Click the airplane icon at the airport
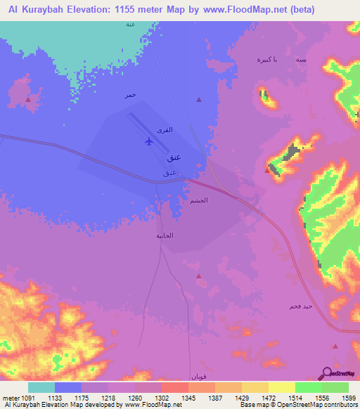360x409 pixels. coord(148,141)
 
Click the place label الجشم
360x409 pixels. coord(198,200)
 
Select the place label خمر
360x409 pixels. coord(129,95)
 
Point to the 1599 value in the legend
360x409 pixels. coord(349,398)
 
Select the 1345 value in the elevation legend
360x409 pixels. coord(188,398)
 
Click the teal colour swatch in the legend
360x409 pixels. coord(41,387)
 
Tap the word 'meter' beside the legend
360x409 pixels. coord(10,398)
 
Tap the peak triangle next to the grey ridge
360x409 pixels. coord(270,169)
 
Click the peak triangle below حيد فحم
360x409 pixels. coord(335,346)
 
